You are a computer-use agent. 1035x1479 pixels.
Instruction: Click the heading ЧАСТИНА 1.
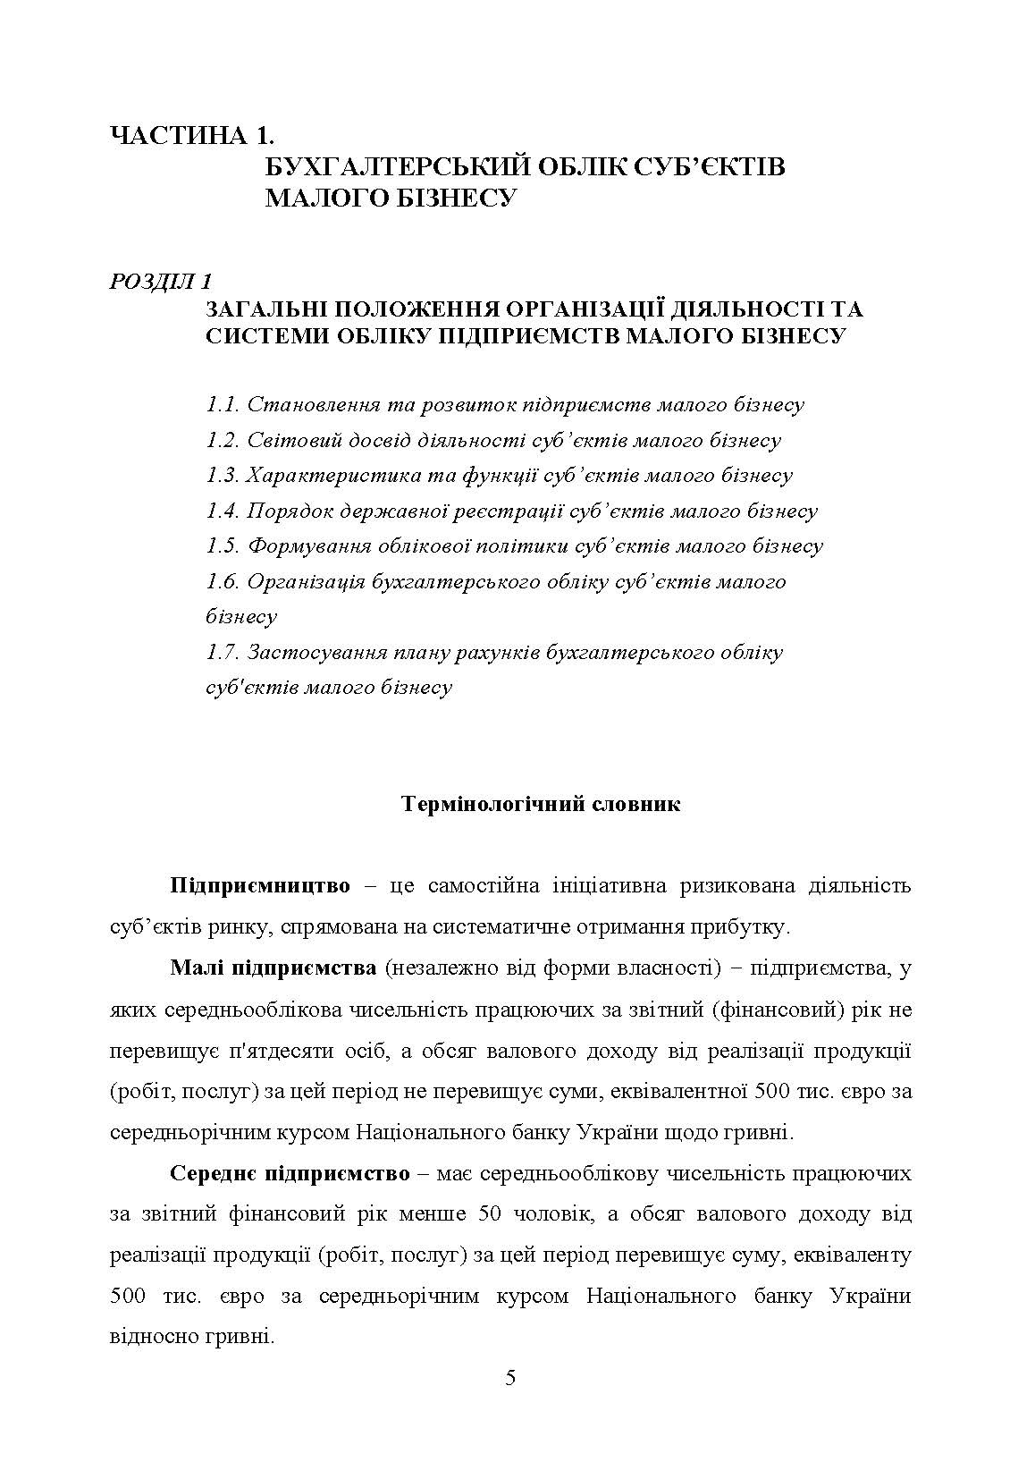190,136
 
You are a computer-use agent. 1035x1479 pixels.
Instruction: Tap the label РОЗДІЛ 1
160,281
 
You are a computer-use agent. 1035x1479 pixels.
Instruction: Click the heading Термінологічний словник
542,804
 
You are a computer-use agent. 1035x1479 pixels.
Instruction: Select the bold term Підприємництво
259,886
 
